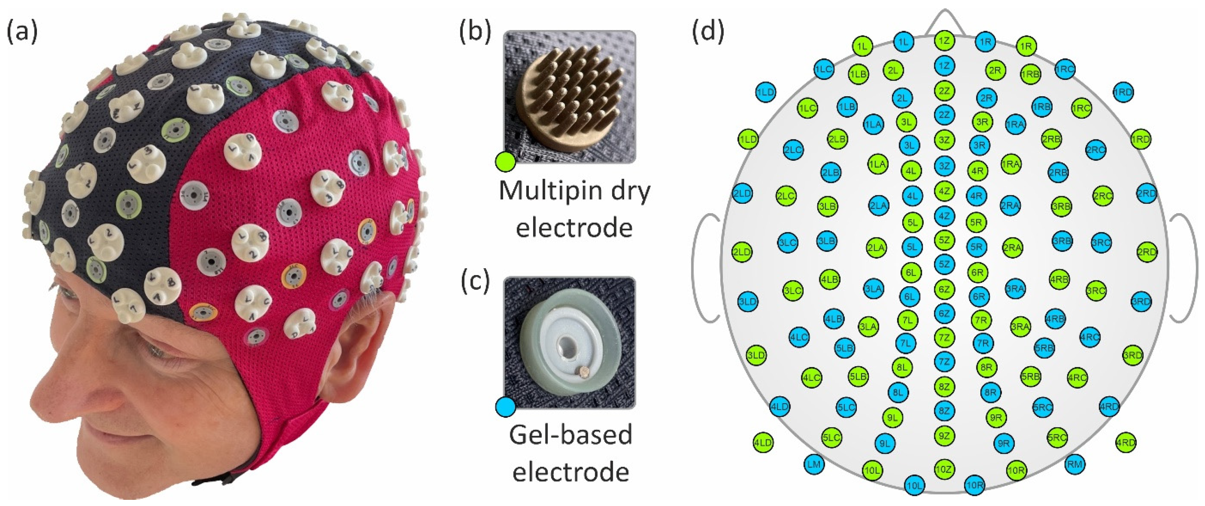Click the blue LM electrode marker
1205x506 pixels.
814,464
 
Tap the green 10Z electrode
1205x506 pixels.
944,469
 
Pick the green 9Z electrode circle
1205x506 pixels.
944,436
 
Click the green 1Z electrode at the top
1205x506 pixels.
944,41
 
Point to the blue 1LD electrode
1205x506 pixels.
765,92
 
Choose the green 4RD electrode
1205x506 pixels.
1125,442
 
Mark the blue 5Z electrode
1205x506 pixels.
944,264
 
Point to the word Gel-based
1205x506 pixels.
571,435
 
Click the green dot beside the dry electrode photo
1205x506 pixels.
505,162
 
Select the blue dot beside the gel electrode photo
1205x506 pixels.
505,406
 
